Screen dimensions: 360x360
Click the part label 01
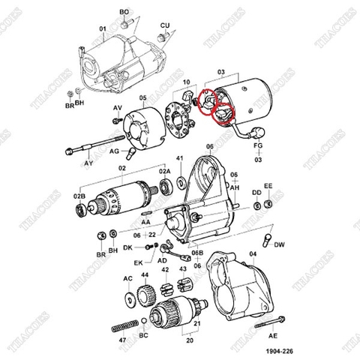point(103,29)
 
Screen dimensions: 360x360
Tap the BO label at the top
point(124,13)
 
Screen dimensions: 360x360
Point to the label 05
point(142,98)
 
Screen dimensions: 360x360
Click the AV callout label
point(117,109)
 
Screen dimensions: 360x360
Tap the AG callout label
point(116,151)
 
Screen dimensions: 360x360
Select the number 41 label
point(179,159)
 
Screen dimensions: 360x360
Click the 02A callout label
point(164,172)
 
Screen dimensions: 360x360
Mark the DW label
point(279,245)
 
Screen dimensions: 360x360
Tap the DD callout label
point(256,192)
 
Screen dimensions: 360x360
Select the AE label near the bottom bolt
point(272,337)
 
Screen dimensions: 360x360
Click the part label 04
point(252,255)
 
